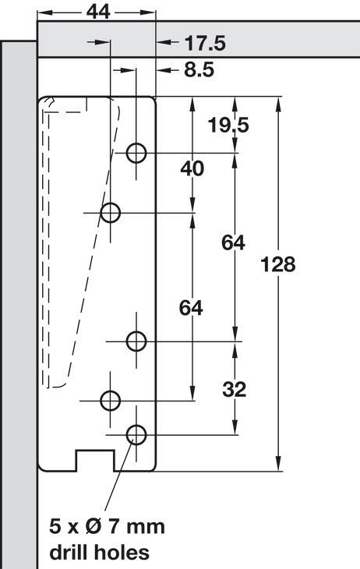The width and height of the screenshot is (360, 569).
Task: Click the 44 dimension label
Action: (98, 12)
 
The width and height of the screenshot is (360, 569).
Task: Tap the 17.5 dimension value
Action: (205, 43)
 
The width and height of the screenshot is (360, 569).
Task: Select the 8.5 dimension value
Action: (199, 69)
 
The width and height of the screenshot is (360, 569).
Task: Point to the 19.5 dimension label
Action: (228, 125)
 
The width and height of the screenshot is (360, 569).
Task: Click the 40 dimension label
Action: (192, 168)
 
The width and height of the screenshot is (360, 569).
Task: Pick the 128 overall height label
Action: (278, 264)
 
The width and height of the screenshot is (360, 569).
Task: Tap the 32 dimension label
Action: (234, 390)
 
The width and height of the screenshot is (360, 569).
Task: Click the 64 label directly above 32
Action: (233, 242)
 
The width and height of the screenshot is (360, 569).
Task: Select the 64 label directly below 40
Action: (191, 309)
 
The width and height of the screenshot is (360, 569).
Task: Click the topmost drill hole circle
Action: (136, 153)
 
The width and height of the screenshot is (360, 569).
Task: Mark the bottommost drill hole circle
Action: (136, 434)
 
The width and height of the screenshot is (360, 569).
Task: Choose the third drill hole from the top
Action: (136, 341)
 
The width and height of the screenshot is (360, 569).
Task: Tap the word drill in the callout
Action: (69, 553)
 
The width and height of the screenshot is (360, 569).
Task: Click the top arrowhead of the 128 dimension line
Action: (279, 104)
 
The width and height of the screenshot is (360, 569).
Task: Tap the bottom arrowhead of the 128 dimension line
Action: (279, 464)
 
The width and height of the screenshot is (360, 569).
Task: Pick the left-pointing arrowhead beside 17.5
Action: (164, 42)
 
